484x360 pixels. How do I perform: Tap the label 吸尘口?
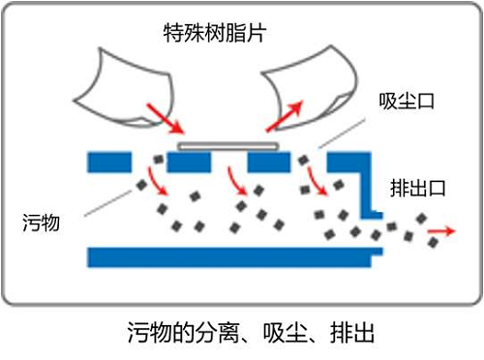coord(404,102)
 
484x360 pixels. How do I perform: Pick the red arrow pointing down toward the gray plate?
coord(166,118)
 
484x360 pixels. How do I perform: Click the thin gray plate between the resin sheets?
coord(228,146)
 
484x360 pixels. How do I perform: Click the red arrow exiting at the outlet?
coord(444,231)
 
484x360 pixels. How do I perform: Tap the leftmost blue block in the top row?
coord(109,162)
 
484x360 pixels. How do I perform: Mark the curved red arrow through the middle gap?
coord(233,179)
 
